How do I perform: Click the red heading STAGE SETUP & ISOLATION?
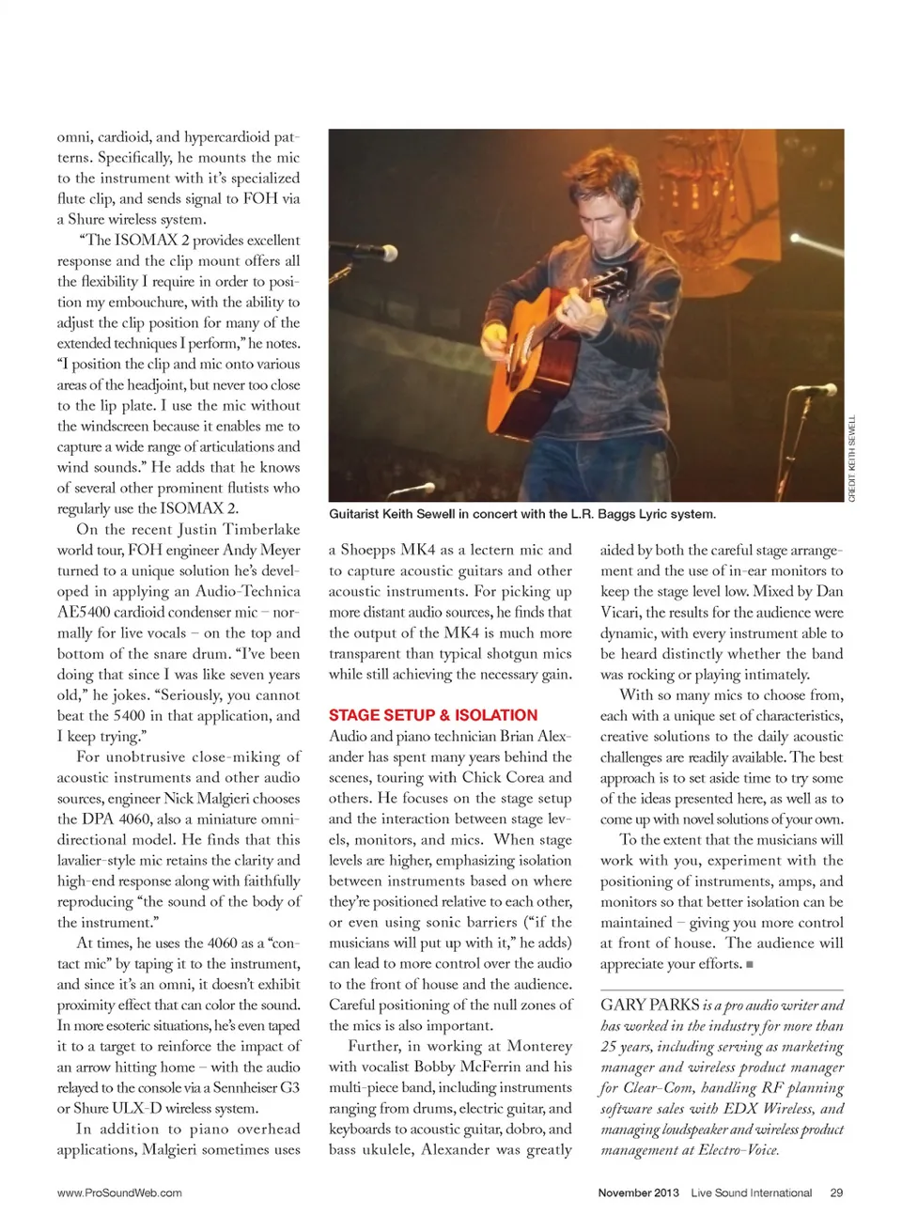433,715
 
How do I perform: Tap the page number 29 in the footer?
836,1192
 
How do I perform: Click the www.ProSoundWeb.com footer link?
119,1192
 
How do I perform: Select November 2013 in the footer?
638,1192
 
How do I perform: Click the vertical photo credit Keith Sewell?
852,459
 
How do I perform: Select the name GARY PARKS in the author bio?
649,1005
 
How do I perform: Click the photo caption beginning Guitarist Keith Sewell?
521,514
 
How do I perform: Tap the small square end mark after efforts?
750,964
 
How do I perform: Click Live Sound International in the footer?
751,1192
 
